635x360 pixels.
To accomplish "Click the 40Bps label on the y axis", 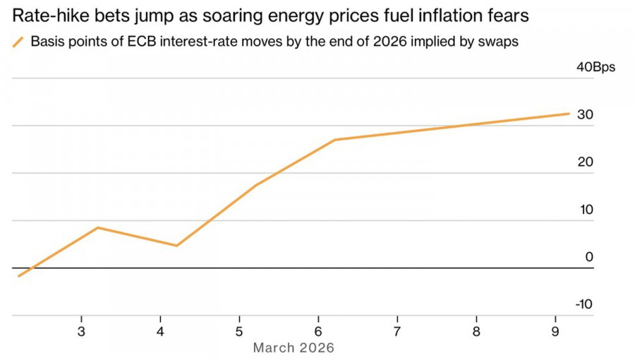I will coord(596,68).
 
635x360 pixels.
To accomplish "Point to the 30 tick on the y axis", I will coord(586,115).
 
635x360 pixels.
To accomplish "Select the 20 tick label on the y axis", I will coord(586,162).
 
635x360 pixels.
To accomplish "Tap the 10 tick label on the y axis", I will coord(586,210).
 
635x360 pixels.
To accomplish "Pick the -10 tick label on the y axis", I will coord(583,304).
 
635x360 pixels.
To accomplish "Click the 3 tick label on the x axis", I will coord(81,332).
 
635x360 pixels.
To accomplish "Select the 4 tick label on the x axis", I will coord(160,332).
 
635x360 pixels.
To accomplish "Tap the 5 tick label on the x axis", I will coord(239,332).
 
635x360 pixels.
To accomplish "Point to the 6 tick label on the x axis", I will coord(318,332).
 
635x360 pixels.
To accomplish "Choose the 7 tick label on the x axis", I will coord(397,332).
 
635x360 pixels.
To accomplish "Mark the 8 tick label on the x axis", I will coord(476,332).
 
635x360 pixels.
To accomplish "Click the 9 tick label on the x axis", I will coord(555,332).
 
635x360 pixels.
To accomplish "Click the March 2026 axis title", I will coord(294,348).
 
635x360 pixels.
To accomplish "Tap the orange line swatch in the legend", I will coord(18,42).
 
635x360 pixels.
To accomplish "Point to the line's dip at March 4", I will coord(176,246).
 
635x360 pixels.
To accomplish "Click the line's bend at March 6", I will coord(335,140).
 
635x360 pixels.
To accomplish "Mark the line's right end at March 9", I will coord(569,113).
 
